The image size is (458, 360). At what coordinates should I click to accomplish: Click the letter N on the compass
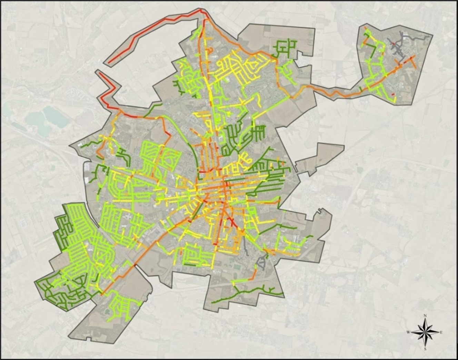pos(425,316)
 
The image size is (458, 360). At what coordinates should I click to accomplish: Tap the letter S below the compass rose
pos(425,349)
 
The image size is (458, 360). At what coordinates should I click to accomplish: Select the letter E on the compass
pos(441,332)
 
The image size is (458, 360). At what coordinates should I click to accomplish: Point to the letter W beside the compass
pos(408,332)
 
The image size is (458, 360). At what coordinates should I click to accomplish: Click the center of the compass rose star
pos(425,332)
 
